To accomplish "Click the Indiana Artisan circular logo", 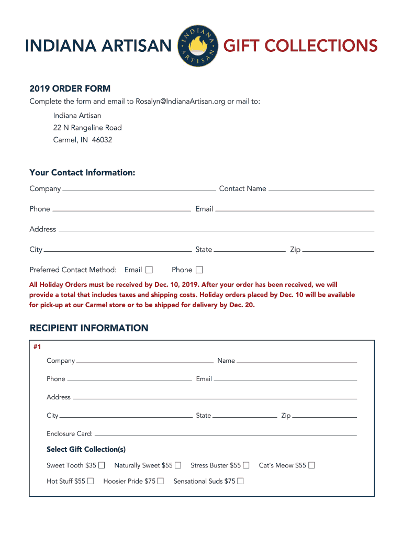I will pyautogui.click(x=197, y=46).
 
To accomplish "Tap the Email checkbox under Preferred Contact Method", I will pyautogui.click(x=149, y=270).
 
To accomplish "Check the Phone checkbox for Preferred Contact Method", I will pyautogui.click(x=199, y=270).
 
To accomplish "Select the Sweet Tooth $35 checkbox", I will pyautogui.click(x=102, y=465).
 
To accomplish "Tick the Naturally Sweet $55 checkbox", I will pyautogui.click(x=178, y=465).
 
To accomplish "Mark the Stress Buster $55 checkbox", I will pyautogui.click(x=246, y=465).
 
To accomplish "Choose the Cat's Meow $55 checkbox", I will pyautogui.click(x=311, y=465).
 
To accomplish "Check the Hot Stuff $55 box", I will pyautogui.click(x=91, y=481).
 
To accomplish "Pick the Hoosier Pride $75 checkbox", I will pyautogui.click(x=160, y=481).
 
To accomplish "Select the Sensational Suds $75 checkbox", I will pyautogui.click(x=240, y=481).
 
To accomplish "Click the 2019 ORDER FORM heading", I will pyautogui.click(x=70, y=88).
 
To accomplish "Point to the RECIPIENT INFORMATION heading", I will pyautogui.click(x=89, y=328).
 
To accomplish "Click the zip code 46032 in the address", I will pyautogui.click(x=102, y=140).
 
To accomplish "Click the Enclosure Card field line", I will pyautogui.click(x=225, y=434).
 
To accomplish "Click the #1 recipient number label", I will pyautogui.click(x=37, y=347).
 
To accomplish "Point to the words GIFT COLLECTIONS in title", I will pyautogui.click(x=300, y=46).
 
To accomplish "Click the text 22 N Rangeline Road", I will pyautogui.click(x=87, y=128).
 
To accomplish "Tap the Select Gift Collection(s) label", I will pyautogui.click(x=86, y=449).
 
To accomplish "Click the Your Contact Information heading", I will pyautogui.click(x=82, y=173).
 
